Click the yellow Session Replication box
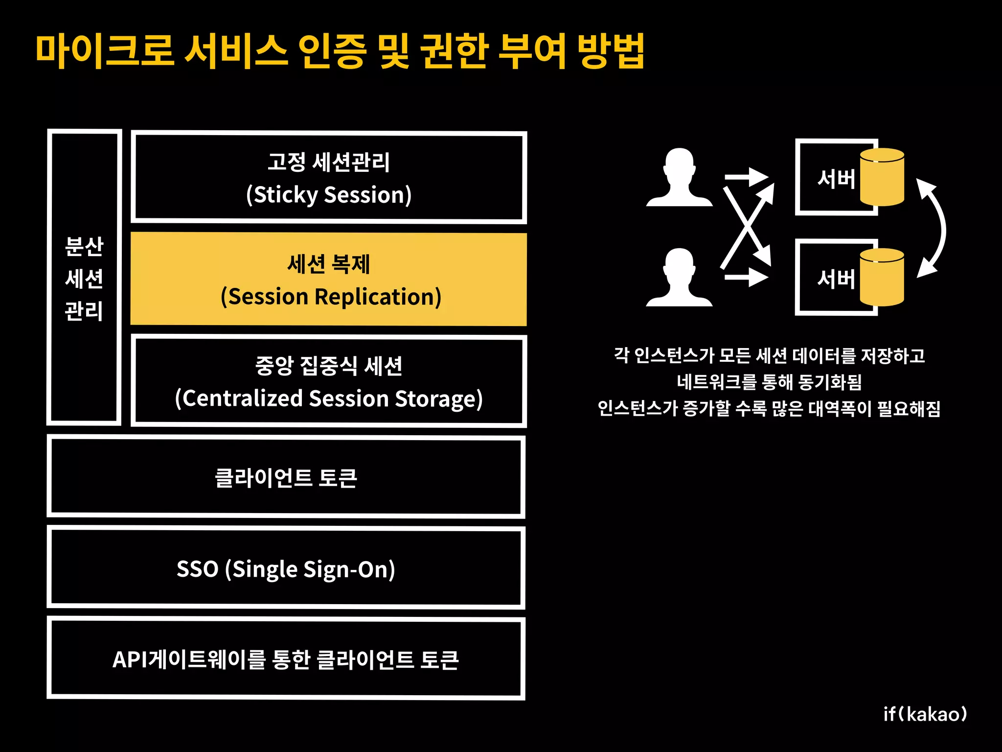coord(328,279)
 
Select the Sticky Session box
coord(328,177)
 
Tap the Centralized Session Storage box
coord(328,381)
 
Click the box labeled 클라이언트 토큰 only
coord(286,477)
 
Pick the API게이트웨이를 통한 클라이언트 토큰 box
coord(286,659)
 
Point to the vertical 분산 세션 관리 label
coord(84,278)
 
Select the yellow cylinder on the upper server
coord(882,177)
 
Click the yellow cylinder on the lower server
coord(882,278)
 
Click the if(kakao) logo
coord(925,714)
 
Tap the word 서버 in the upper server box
coord(836,179)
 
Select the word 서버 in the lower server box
coord(836,279)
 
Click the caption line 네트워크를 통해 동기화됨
coord(769,382)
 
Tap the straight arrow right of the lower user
coord(747,278)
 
